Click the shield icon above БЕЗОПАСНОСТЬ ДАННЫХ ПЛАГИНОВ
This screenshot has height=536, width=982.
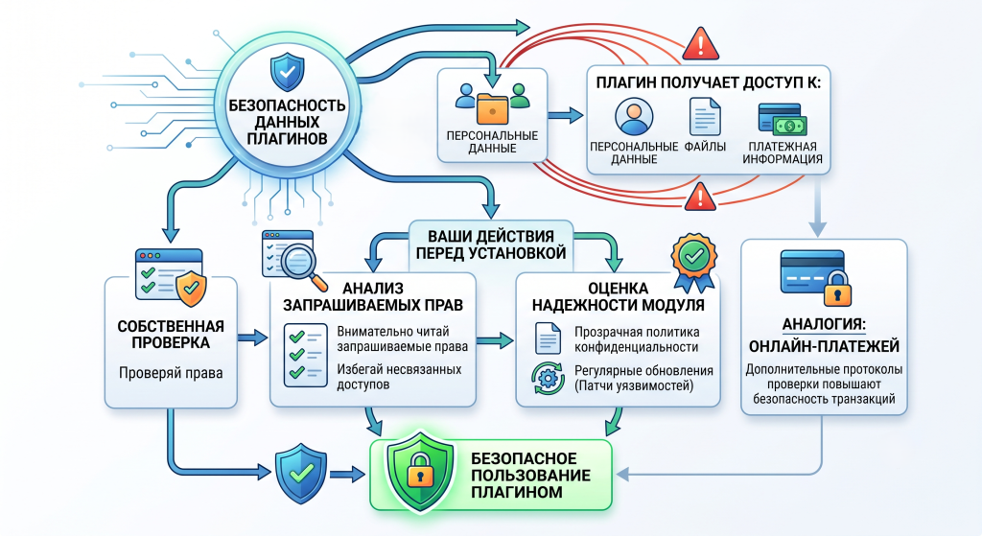[287, 72]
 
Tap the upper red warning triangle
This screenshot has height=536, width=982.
[700, 44]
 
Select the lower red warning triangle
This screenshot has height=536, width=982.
[700, 198]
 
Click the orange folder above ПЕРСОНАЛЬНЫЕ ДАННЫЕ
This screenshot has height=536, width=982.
[492, 108]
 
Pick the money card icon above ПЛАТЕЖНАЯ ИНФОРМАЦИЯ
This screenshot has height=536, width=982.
[782, 120]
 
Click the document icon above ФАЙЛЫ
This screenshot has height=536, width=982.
[705, 116]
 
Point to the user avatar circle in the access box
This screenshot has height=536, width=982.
[634, 116]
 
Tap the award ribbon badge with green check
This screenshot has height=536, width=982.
[694, 263]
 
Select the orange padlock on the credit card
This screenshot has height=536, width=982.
[836, 288]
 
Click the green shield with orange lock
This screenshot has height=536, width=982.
[420, 471]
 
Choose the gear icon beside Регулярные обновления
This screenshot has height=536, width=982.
[548, 378]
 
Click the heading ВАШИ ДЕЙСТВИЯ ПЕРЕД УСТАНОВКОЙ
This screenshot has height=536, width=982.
[490, 245]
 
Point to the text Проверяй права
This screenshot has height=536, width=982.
[171, 373]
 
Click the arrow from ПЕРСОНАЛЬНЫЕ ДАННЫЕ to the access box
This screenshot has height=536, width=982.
[566, 115]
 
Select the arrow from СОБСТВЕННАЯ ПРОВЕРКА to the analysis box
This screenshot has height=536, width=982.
[252, 338]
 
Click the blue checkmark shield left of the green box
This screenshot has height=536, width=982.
[301, 474]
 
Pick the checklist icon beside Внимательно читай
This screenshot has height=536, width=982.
[305, 355]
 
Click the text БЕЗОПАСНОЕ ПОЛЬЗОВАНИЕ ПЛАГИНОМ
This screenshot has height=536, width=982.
[530, 476]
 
